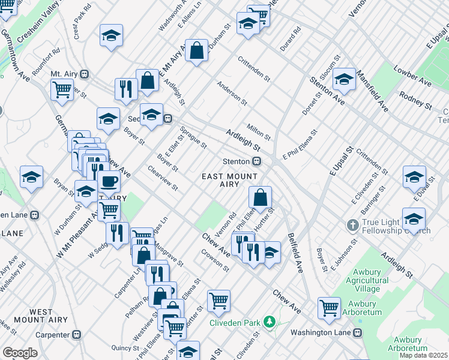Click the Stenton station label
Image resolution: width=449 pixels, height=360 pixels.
(236, 161)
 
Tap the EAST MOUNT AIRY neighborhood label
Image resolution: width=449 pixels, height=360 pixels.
(229, 181)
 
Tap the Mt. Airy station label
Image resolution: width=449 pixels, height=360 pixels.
(64, 74)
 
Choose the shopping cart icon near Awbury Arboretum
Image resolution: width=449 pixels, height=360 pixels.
(330, 308)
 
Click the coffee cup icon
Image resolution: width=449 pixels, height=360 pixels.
(109, 181)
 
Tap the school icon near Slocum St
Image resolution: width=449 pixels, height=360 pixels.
(345, 79)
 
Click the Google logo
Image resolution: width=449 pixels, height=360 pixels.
(20, 352)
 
